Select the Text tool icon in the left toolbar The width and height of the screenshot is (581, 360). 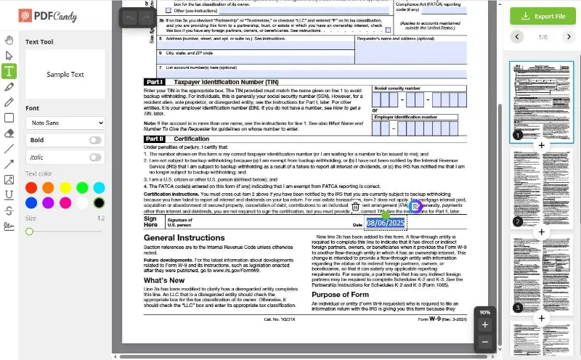pyautogui.click(x=9, y=71)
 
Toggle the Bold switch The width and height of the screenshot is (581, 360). pyautogui.click(x=95, y=140)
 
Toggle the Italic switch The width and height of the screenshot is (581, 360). pyautogui.click(x=95, y=157)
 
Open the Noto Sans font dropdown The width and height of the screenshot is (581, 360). pyautogui.click(x=65, y=123)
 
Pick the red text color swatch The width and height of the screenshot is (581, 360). pyautogui.click(x=31, y=188)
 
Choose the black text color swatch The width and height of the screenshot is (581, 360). pyautogui.click(x=99, y=203)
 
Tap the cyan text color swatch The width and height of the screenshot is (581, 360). pyautogui.click(x=99, y=188)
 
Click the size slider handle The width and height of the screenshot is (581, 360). pyautogui.click(x=29, y=232)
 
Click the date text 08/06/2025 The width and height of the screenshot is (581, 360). pyautogui.click(x=385, y=223)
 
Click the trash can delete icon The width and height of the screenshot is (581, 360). pyautogui.click(x=355, y=207)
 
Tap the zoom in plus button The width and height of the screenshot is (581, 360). pyautogui.click(x=485, y=324)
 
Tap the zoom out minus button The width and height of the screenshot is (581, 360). pyautogui.click(x=485, y=342)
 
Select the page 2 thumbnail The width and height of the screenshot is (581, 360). pyautogui.click(x=541, y=189)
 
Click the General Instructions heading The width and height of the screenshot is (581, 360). pyautogui.click(x=184, y=238)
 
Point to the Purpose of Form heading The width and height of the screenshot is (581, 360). pyautogui.click(x=349, y=295)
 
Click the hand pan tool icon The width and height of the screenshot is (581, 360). pyautogui.click(x=9, y=39)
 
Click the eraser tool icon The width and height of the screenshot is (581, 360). pyautogui.click(x=9, y=133)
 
